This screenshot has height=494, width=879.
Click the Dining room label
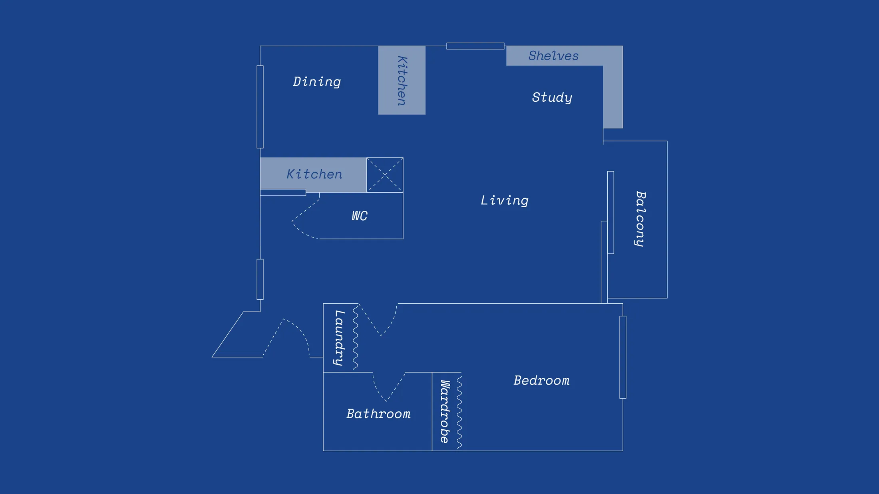point(317,82)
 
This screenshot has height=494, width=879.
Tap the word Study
point(552,97)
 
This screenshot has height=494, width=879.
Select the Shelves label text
point(553,56)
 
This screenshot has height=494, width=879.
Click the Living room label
point(504,200)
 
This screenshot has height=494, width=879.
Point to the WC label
point(359,216)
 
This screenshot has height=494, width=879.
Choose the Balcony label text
point(640,219)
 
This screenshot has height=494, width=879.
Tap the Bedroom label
point(541,380)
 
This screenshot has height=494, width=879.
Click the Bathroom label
point(378,414)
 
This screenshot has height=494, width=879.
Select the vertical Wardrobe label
point(445,411)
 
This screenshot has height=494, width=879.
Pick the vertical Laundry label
point(339,338)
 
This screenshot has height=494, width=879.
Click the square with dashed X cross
point(385,175)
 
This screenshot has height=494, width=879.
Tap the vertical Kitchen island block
point(402,80)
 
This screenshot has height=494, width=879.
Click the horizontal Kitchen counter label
point(314,174)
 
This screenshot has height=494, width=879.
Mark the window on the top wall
point(475,46)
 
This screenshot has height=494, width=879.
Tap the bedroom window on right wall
point(622,357)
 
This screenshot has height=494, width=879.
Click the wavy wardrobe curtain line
point(459,411)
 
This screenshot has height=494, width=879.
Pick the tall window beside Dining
point(260,107)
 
